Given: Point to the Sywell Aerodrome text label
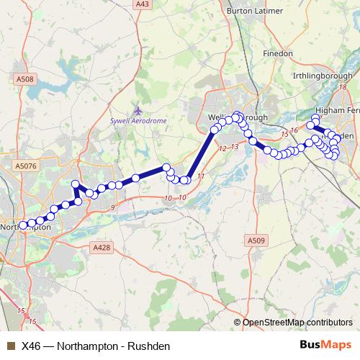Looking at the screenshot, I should click(138, 121).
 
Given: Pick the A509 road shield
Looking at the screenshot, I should click(255, 240).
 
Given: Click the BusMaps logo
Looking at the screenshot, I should click(325, 345).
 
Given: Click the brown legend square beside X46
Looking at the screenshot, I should click(10, 346).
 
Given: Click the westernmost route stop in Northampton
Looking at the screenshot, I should click(22, 225).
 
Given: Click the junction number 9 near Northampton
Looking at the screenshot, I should click(112, 207).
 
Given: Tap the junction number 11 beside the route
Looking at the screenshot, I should click(201, 176).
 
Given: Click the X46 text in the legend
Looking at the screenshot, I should click(32, 346).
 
